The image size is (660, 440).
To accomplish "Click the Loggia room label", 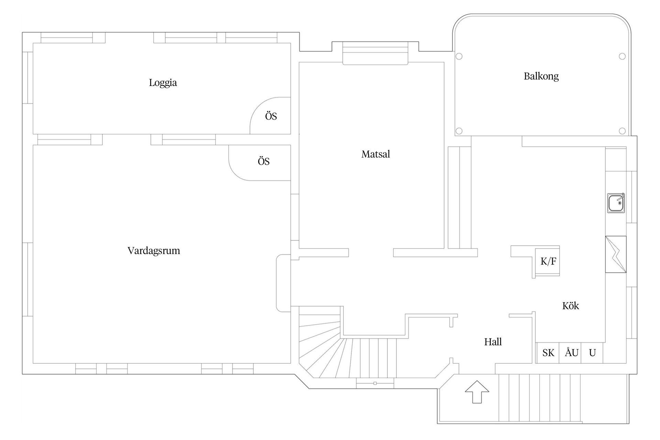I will point(163,83).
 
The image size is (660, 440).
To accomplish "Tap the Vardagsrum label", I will point(154,251).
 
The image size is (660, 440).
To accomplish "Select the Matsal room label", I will point(376,154).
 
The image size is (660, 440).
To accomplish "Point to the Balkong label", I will point(541,76).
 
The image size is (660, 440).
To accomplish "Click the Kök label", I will point(571,306).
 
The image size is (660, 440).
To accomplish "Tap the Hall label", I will point(493,342).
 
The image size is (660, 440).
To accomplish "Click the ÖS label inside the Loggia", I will point(271,116).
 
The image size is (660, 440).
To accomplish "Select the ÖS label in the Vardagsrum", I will point(264,161).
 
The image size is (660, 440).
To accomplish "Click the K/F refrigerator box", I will point(548,261).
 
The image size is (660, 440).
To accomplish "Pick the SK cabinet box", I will point(548,353).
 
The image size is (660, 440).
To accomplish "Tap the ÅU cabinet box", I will point(571,353).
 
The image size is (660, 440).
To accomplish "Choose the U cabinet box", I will point(592,353).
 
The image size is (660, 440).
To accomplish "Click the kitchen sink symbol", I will point(616,203).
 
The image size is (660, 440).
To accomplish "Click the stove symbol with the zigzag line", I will point(616,254).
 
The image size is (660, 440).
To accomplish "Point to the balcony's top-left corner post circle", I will point(459,56).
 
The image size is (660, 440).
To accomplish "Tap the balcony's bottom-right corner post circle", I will point(622,131).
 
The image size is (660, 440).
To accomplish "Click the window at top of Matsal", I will point(375,53).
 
